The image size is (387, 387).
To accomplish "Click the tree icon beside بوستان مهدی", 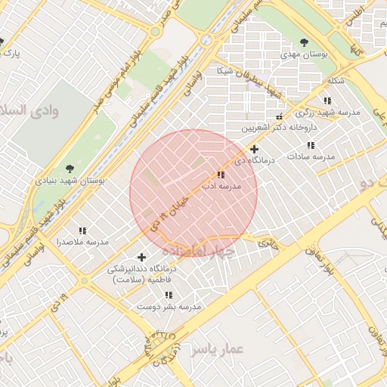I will click(x=304, y=42).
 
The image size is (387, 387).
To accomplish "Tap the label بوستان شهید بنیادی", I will click(x=70, y=181).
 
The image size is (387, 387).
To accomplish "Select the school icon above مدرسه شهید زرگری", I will click(x=327, y=100).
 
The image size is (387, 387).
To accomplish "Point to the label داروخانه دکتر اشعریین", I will click(x=277, y=128).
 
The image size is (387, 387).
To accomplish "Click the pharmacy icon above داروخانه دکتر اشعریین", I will click(x=279, y=116).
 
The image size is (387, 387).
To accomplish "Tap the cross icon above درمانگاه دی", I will click(x=255, y=150).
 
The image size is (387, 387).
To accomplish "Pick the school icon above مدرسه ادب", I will click(x=221, y=175).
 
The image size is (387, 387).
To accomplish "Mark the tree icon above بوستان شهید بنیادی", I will click(x=70, y=169).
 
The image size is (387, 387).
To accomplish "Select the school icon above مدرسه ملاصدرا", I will click(x=82, y=231).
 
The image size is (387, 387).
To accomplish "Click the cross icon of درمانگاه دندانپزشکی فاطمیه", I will click(x=141, y=257).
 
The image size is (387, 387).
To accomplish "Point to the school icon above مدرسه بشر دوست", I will click(x=169, y=295).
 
